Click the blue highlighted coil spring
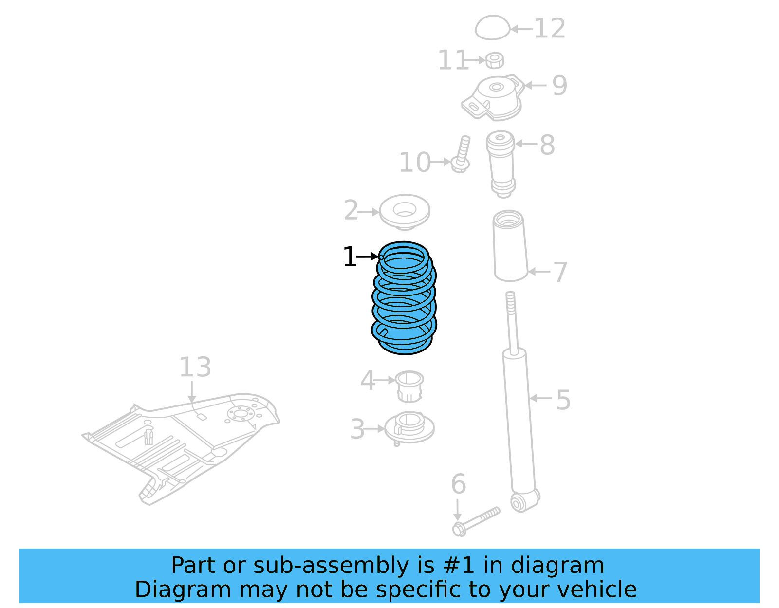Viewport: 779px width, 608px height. [x=404, y=298]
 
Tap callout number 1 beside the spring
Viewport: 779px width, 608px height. [x=349, y=257]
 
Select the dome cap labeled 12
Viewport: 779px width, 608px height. [x=492, y=28]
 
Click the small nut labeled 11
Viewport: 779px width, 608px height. [x=494, y=60]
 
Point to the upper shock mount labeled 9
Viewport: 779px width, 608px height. [x=494, y=97]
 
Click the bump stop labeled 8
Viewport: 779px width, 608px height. [x=501, y=163]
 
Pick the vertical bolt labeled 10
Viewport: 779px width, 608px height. [x=462, y=153]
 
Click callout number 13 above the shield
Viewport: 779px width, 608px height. [x=195, y=367]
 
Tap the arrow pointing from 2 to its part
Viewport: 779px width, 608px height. [x=369, y=212]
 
